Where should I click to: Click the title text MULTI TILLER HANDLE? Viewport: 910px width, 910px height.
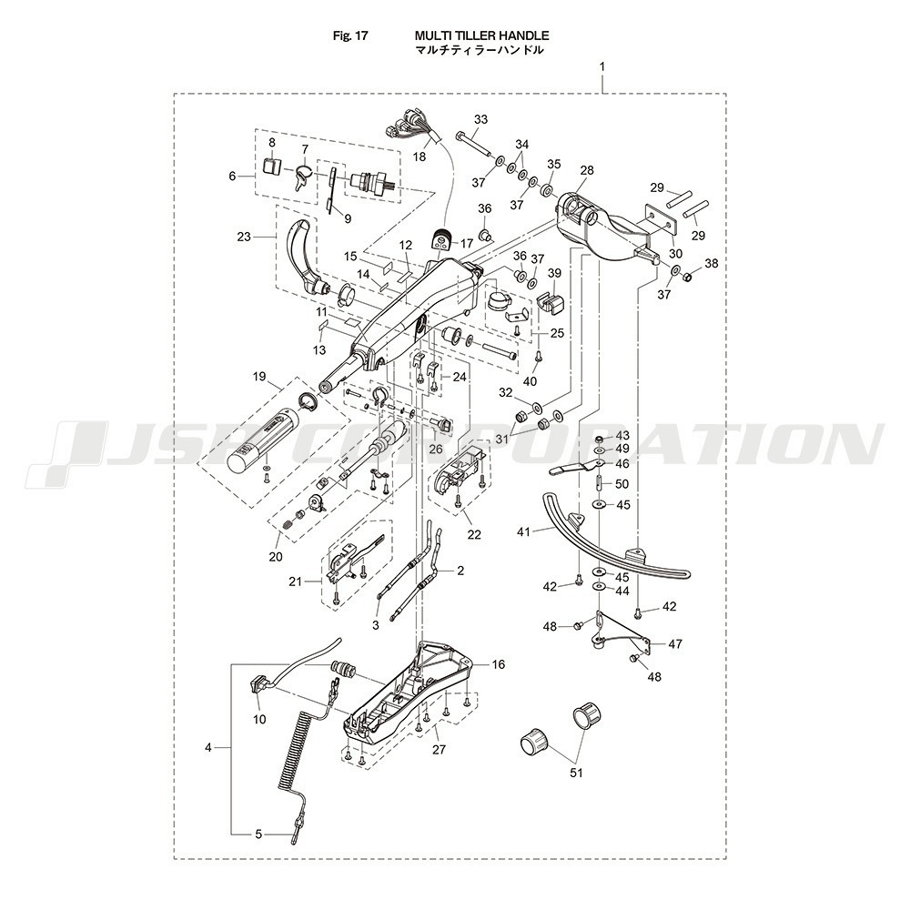click(481, 35)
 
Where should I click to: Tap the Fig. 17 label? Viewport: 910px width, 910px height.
click(349, 36)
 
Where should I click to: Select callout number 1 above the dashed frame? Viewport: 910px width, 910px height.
click(602, 68)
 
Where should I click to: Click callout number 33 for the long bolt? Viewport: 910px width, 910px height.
click(480, 119)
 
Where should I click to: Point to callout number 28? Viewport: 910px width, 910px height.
click(586, 170)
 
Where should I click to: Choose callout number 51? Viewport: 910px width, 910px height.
click(574, 773)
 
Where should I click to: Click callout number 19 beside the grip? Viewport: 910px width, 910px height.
click(258, 376)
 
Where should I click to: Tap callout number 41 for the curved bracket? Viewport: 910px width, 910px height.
click(522, 530)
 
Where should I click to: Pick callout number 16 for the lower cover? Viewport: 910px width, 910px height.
click(498, 664)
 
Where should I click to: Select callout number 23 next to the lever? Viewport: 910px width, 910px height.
click(243, 237)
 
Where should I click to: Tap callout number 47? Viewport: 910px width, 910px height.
click(674, 642)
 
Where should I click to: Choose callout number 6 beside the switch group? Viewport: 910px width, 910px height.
click(232, 176)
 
